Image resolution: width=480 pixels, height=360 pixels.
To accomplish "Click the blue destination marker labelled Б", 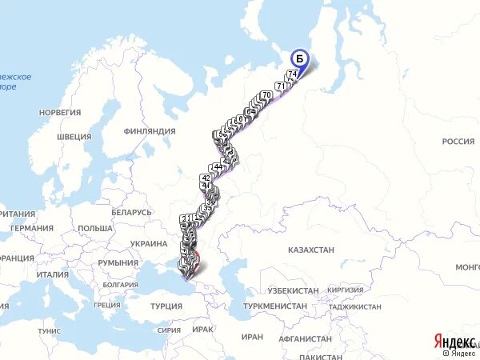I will [x=300, y=58].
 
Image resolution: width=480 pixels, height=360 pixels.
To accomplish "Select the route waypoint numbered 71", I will [x=280, y=86].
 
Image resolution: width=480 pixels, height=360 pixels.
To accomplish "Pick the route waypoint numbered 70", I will [x=266, y=95].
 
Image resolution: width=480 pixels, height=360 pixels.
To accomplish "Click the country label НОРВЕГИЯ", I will [x=60, y=112].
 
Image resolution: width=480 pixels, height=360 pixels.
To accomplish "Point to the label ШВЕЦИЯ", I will [x=74, y=137].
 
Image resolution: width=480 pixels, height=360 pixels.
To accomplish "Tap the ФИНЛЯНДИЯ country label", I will [x=150, y=130].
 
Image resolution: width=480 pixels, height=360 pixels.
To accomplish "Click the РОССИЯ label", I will [x=458, y=142].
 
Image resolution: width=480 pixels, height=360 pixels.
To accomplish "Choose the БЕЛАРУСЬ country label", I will [x=131, y=212].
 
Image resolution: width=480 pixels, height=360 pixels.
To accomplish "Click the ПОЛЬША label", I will [x=95, y=228].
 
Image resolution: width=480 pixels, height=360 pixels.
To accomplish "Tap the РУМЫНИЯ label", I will [x=118, y=262].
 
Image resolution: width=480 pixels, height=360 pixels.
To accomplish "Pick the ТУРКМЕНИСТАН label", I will [x=277, y=306].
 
